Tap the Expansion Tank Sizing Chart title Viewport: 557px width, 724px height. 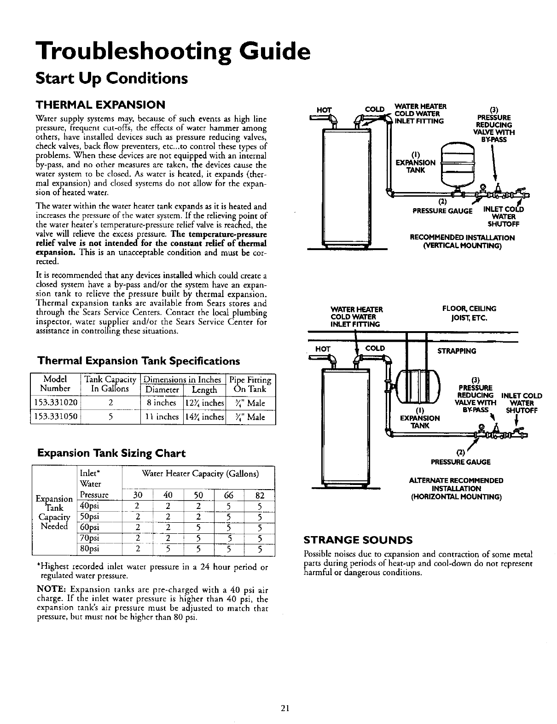(x=111, y=453)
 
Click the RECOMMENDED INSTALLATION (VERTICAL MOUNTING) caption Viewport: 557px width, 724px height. (x=462, y=241)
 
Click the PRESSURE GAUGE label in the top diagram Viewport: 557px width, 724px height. (x=442, y=211)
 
